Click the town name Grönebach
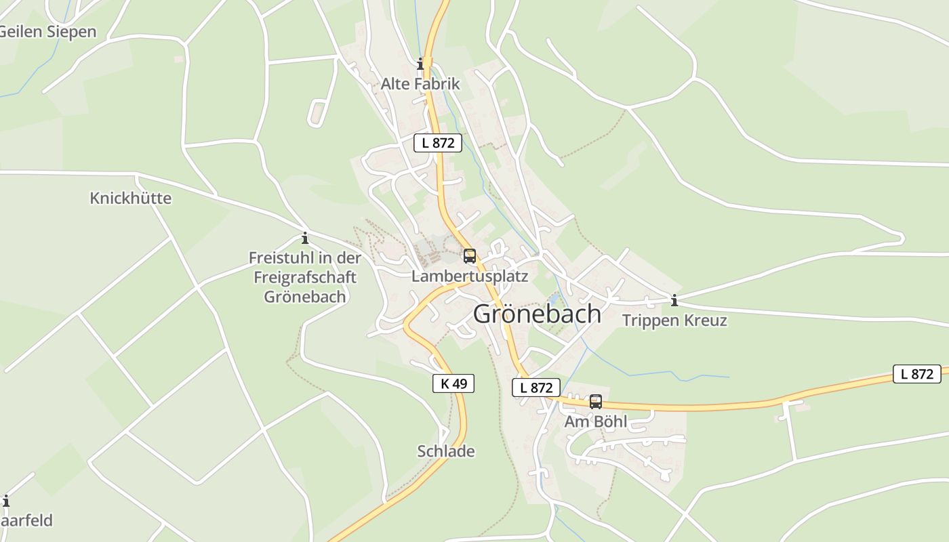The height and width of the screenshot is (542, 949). point(537,314)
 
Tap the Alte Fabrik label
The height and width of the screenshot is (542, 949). point(420,84)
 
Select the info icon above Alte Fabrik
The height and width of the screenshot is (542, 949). point(420,64)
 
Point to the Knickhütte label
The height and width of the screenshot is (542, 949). point(131,199)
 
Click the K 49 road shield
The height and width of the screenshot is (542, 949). point(453,383)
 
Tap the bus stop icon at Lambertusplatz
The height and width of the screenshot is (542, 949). point(469,256)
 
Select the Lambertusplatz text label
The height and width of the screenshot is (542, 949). point(469,276)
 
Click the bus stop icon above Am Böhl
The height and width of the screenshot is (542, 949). point(596,402)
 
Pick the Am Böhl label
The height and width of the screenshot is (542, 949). point(596,421)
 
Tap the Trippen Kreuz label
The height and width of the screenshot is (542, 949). point(674,320)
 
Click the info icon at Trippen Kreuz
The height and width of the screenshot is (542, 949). point(674,300)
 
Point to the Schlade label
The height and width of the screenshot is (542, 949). point(446,451)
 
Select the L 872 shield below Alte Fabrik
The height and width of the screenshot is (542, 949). point(438,143)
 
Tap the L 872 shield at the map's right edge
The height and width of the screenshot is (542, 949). point(917,374)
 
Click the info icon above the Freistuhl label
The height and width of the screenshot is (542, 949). point(305,238)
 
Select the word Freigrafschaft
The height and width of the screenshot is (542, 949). point(305,277)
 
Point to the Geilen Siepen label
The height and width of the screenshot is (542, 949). point(47,32)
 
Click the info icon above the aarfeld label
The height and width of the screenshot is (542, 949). point(6,501)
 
